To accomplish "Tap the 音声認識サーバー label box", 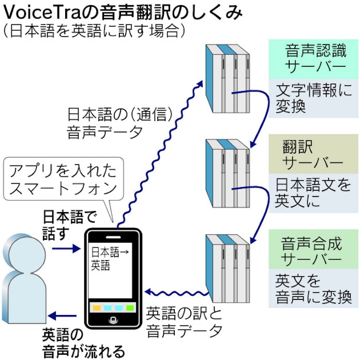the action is [313, 59].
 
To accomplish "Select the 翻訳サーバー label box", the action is [313, 154].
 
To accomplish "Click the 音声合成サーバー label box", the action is [313, 249].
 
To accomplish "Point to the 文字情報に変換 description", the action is [313, 98].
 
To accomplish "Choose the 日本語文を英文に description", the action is [313, 193].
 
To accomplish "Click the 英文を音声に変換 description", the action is [313, 289].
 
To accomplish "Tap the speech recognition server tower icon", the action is [228, 79].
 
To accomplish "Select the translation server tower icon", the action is [228, 173].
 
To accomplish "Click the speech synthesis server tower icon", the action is [228, 268].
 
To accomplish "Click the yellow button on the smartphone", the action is [97, 308].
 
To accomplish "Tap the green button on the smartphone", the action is [130, 308].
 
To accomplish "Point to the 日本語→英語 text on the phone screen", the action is [110, 259].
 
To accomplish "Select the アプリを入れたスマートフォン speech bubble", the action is [64, 178].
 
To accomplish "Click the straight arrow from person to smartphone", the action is [66, 248].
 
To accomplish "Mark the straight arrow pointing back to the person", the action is [63, 316].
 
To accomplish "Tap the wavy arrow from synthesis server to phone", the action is [177, 293].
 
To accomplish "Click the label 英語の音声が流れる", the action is [84, 343].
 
